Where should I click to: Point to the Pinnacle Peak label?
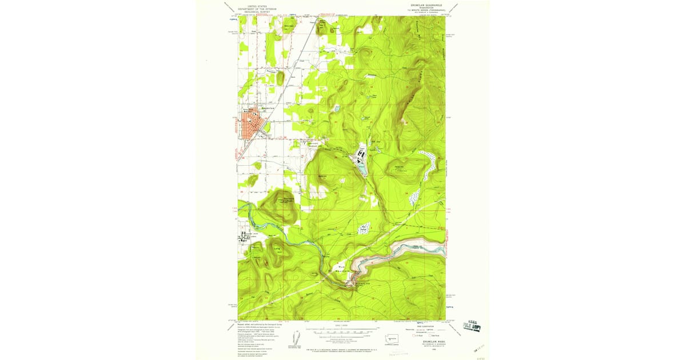276,199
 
